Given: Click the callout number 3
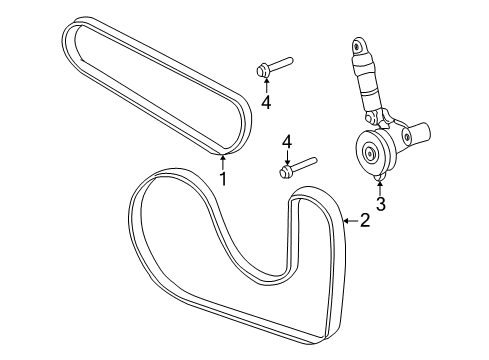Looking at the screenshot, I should pyautogui.click(x=381, y=203).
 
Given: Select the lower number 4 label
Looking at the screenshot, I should pyautogui.click(x=286, y=143).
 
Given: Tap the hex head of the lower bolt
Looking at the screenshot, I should pyautogui.click(x=284, y=171).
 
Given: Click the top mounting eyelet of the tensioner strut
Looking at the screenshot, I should pyautogui.click(x=357, y=46).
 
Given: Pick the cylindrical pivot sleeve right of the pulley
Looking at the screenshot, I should pyautogui.click(x=416, y=131).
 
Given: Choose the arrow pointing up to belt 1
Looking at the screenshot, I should pyautogui.click(x=223, y=161).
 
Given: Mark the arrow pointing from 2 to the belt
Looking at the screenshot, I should pyautogui.click(x=348, y=220).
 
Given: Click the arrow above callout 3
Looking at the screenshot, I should pyautogui.click(x=381, y=185).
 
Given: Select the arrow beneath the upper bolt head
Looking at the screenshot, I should pyautogui.click(x=266, y=85).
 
